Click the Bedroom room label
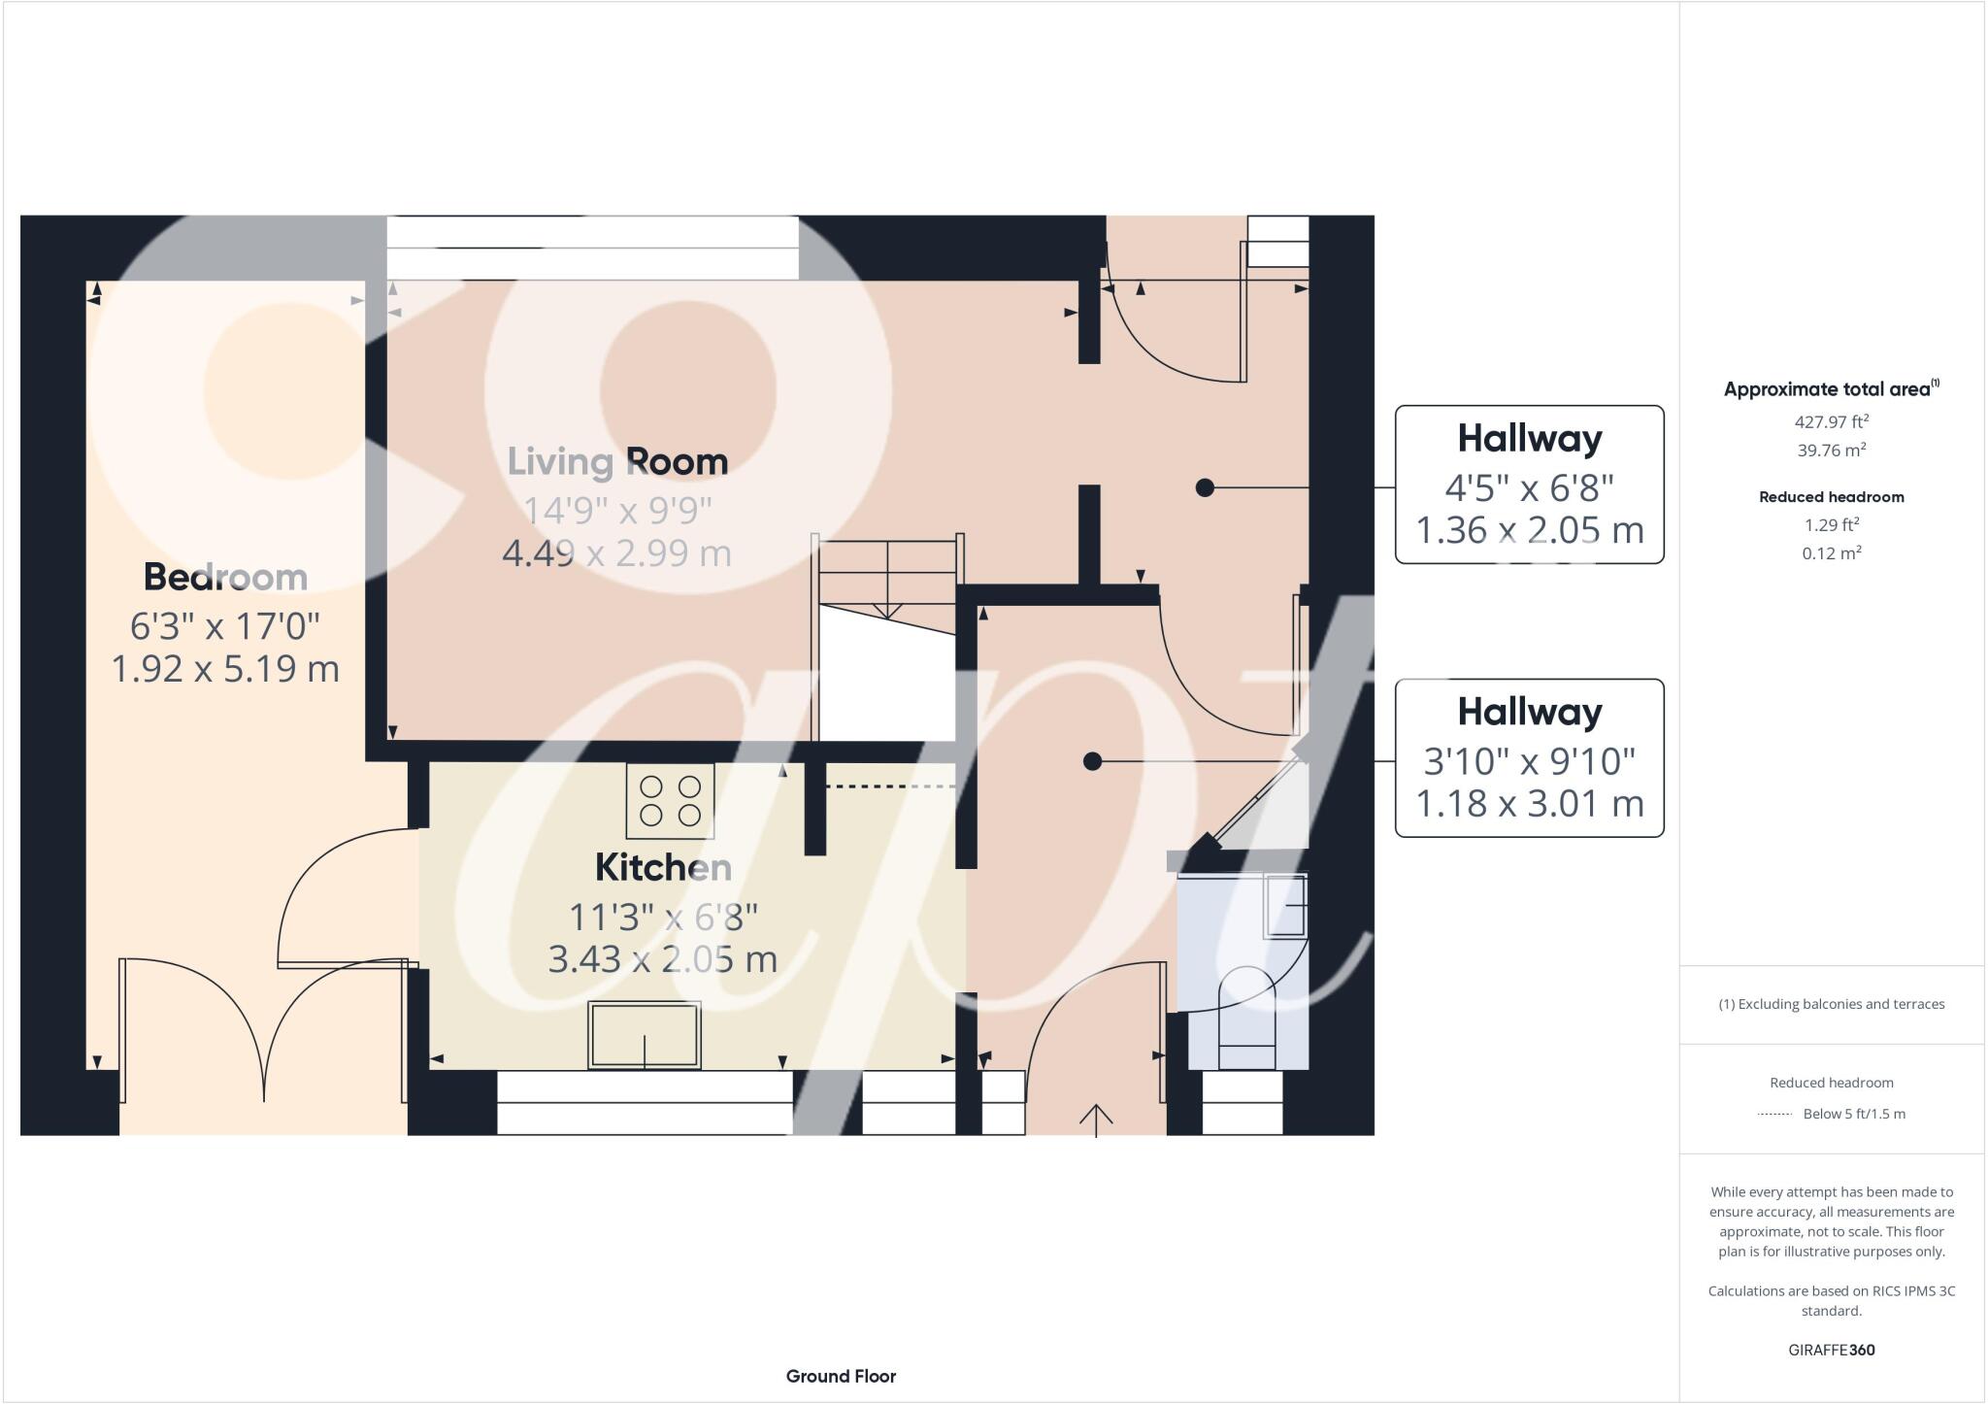click(x=225, y=577)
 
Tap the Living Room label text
click(x=617, y=461)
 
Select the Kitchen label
click(x=663, y=867)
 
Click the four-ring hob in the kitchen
click(x=670, y=801)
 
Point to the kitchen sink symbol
click(x=645, y=1035)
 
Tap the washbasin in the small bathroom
click(x=1285, y=906)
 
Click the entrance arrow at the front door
click(x=1096, y=1118)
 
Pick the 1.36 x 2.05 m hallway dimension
click(x=1529, y=530)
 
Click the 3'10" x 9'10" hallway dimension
click(x=1529, y=760)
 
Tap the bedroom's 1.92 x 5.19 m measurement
click(x=225, y=668)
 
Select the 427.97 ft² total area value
click(x=1831, y=421)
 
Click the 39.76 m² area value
click(x=1831, y=450)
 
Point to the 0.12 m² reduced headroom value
click(x=1831, y=553)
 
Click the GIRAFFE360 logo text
click(x=1831, y=1350)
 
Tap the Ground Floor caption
click(x=841, y=1376)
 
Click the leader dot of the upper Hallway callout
click(x=1205, y=487)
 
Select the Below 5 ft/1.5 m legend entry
click(x=1852, y=1114)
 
